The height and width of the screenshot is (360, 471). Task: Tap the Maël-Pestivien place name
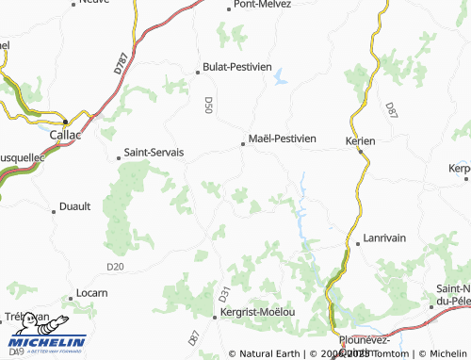coord(283,139)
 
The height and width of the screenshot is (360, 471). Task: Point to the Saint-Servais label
coord(155,152)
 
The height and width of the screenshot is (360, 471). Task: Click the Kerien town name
coord(361,140)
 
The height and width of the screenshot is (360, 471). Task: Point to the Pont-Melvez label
coord(262,6)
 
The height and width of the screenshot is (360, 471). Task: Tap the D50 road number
coord(208,105)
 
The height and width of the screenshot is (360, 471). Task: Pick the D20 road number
coord(115,268)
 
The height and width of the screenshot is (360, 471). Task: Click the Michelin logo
coord(46,344)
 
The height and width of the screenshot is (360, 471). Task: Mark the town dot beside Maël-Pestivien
coord(243,144)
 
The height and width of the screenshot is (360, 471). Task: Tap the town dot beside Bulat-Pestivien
coord(197,70)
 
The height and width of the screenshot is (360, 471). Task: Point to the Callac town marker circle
coord(66,123)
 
